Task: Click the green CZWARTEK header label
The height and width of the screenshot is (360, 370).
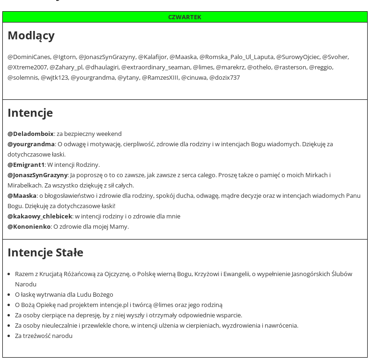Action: pyautogui.click(x=185, y=17)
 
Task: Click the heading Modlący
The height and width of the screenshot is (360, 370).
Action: pyautogui.click(x=31, y=36)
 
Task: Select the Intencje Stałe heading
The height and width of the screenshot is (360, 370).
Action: pyautogui.click(x=45, y=253)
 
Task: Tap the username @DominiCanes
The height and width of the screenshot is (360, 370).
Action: pyautogui.click(x=29, y=57)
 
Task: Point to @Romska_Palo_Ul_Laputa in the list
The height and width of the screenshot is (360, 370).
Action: pyautogui.click(x=236, y=57)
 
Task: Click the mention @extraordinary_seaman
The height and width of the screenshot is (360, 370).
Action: pyautogui.click(x=155, y=67)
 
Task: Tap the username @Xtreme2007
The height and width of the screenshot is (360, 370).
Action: pyautogui.click(x=27, y=67)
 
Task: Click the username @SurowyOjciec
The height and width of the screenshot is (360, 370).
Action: pyautogui.click(x=297, y=57)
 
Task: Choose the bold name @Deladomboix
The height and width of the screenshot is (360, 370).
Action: pyautogui.click(x=30, y=134)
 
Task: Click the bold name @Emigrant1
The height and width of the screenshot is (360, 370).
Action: pyautogui.click(x=26, y=165)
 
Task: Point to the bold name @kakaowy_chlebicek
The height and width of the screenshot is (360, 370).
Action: pyautogui.click(x=40, y=217)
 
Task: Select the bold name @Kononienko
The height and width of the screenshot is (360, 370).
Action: pyautogui.click(x=29, y=227)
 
